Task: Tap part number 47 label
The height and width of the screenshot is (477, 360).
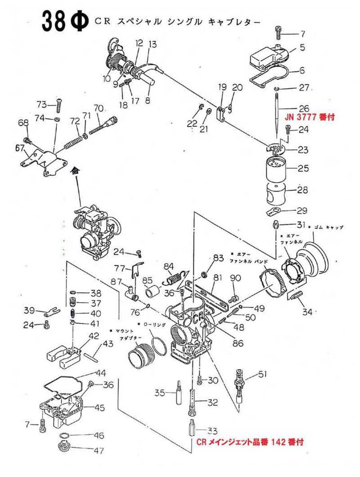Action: pos(99,451)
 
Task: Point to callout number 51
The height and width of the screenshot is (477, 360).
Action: pos(263,374)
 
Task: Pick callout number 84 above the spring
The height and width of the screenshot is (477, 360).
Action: pos(169,266)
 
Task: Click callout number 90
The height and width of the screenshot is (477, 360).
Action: pos(234,278)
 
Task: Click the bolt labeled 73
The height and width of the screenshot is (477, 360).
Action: pos(59,105)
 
